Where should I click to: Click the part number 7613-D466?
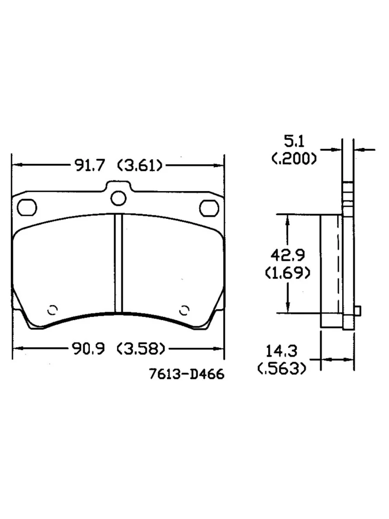tap(187, 374)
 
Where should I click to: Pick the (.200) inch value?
tap(294, 159)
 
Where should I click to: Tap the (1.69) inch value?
tap(287, 273)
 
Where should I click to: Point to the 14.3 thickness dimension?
tap(283, 350)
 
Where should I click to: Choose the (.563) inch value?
tap(283, 368)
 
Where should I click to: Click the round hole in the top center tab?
tap(118, 198)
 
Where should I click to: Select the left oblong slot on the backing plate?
tap(28, 206)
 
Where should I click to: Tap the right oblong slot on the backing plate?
tap(208, 207)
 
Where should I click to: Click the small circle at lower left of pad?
tap(53, 310)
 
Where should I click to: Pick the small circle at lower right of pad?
tap(185, 309)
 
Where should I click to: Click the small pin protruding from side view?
tap(357, 310)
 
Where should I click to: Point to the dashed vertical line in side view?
tap(337, 264)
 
